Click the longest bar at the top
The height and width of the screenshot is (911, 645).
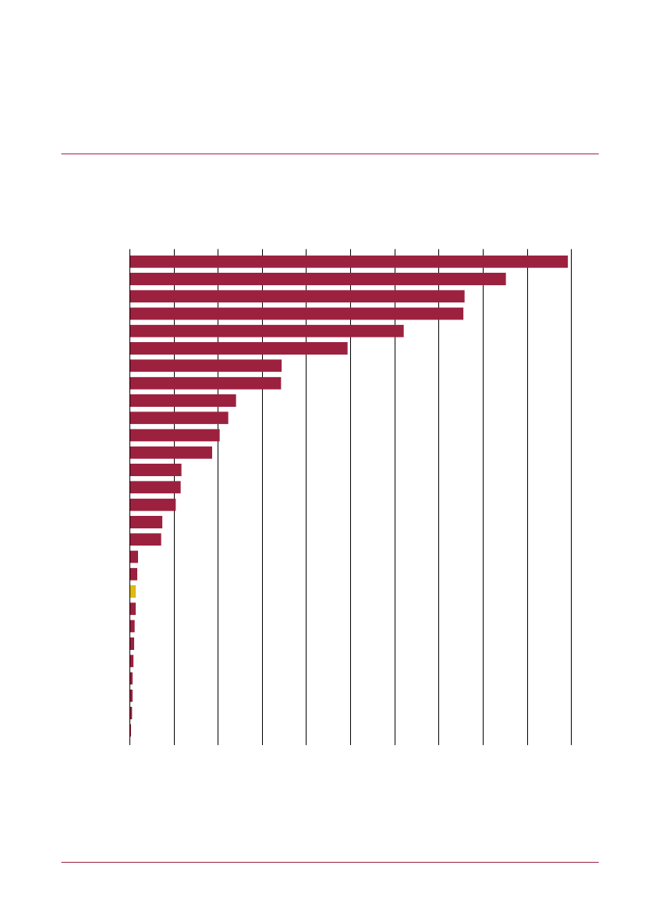(349, 262)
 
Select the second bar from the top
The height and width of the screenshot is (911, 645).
(317, 279)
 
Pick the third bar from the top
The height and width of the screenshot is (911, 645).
(297, 296)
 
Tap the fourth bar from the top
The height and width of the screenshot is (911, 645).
(296, 313)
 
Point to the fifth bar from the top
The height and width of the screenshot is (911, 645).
(267, 331)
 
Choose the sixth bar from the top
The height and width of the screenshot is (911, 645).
(239, 348)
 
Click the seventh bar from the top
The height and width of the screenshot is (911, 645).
(206, 365)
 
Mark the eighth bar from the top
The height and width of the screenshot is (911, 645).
(205, 383)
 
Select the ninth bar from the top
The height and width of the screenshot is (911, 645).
(183, 401)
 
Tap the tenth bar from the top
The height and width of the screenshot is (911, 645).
(179, 418)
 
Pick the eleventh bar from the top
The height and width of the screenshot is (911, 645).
(175, 435)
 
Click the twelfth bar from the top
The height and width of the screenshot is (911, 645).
(171, 453)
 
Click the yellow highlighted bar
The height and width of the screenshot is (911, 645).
(133, 591)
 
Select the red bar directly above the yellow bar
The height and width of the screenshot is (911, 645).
(133, 574)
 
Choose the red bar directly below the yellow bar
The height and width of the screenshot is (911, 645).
(133, 609)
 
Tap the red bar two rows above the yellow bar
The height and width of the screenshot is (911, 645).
(134, 556)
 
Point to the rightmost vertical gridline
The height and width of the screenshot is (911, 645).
(572, 499)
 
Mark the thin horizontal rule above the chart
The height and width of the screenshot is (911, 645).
(330, 154)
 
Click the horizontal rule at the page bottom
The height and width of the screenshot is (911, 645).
(330, 862)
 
